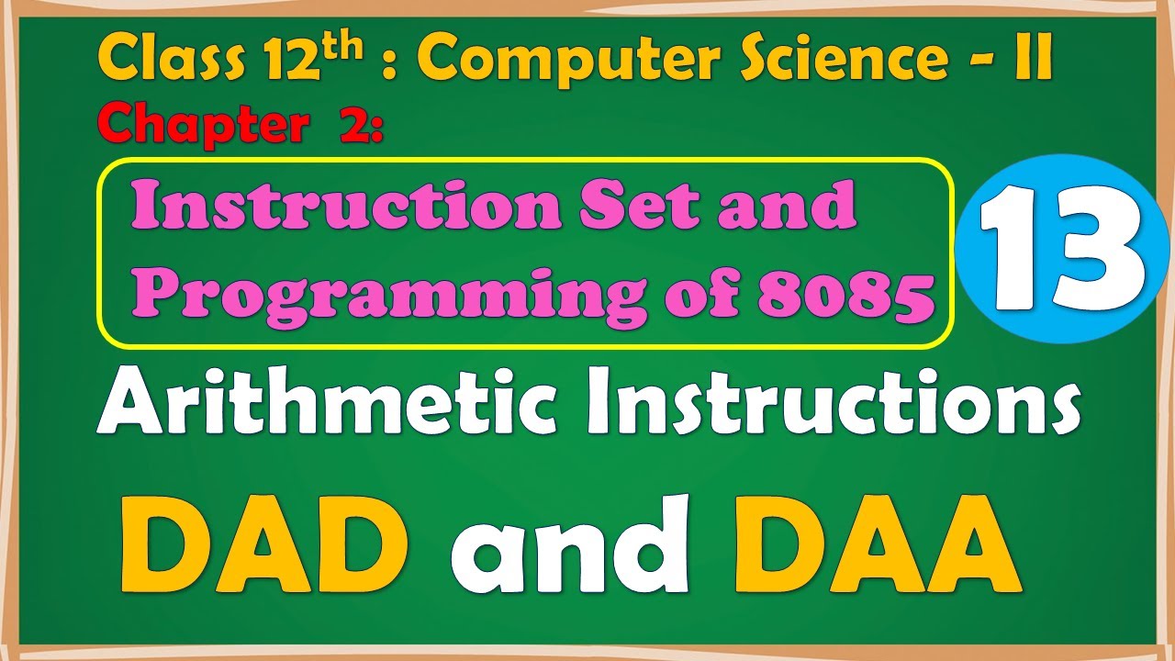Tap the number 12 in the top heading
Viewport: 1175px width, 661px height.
(x=291, y=61)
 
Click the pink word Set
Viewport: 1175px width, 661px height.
(x=633, y=206)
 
